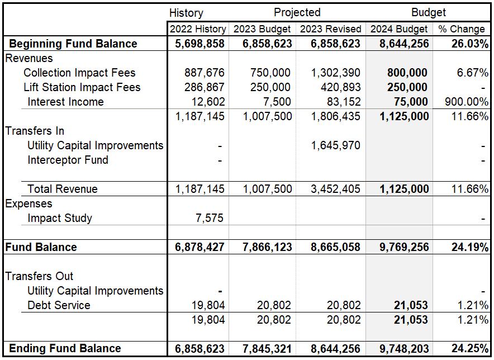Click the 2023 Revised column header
click(330, 29)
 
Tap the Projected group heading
click(297, 12)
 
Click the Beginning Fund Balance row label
click(73, 44)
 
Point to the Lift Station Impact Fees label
click(82, 87)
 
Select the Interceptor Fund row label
click(68, 160)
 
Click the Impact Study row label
click(60, 218)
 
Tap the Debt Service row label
click(59, 305)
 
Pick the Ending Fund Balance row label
click(65, 348)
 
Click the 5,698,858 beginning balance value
click(199, 44)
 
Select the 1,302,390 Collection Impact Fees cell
click(335, 73)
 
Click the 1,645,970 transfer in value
click(335, 145)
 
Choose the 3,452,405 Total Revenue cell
click(335, 189)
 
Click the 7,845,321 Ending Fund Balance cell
click(267, 348)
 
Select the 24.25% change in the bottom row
click(470, 348)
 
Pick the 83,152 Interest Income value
click(344, 102)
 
